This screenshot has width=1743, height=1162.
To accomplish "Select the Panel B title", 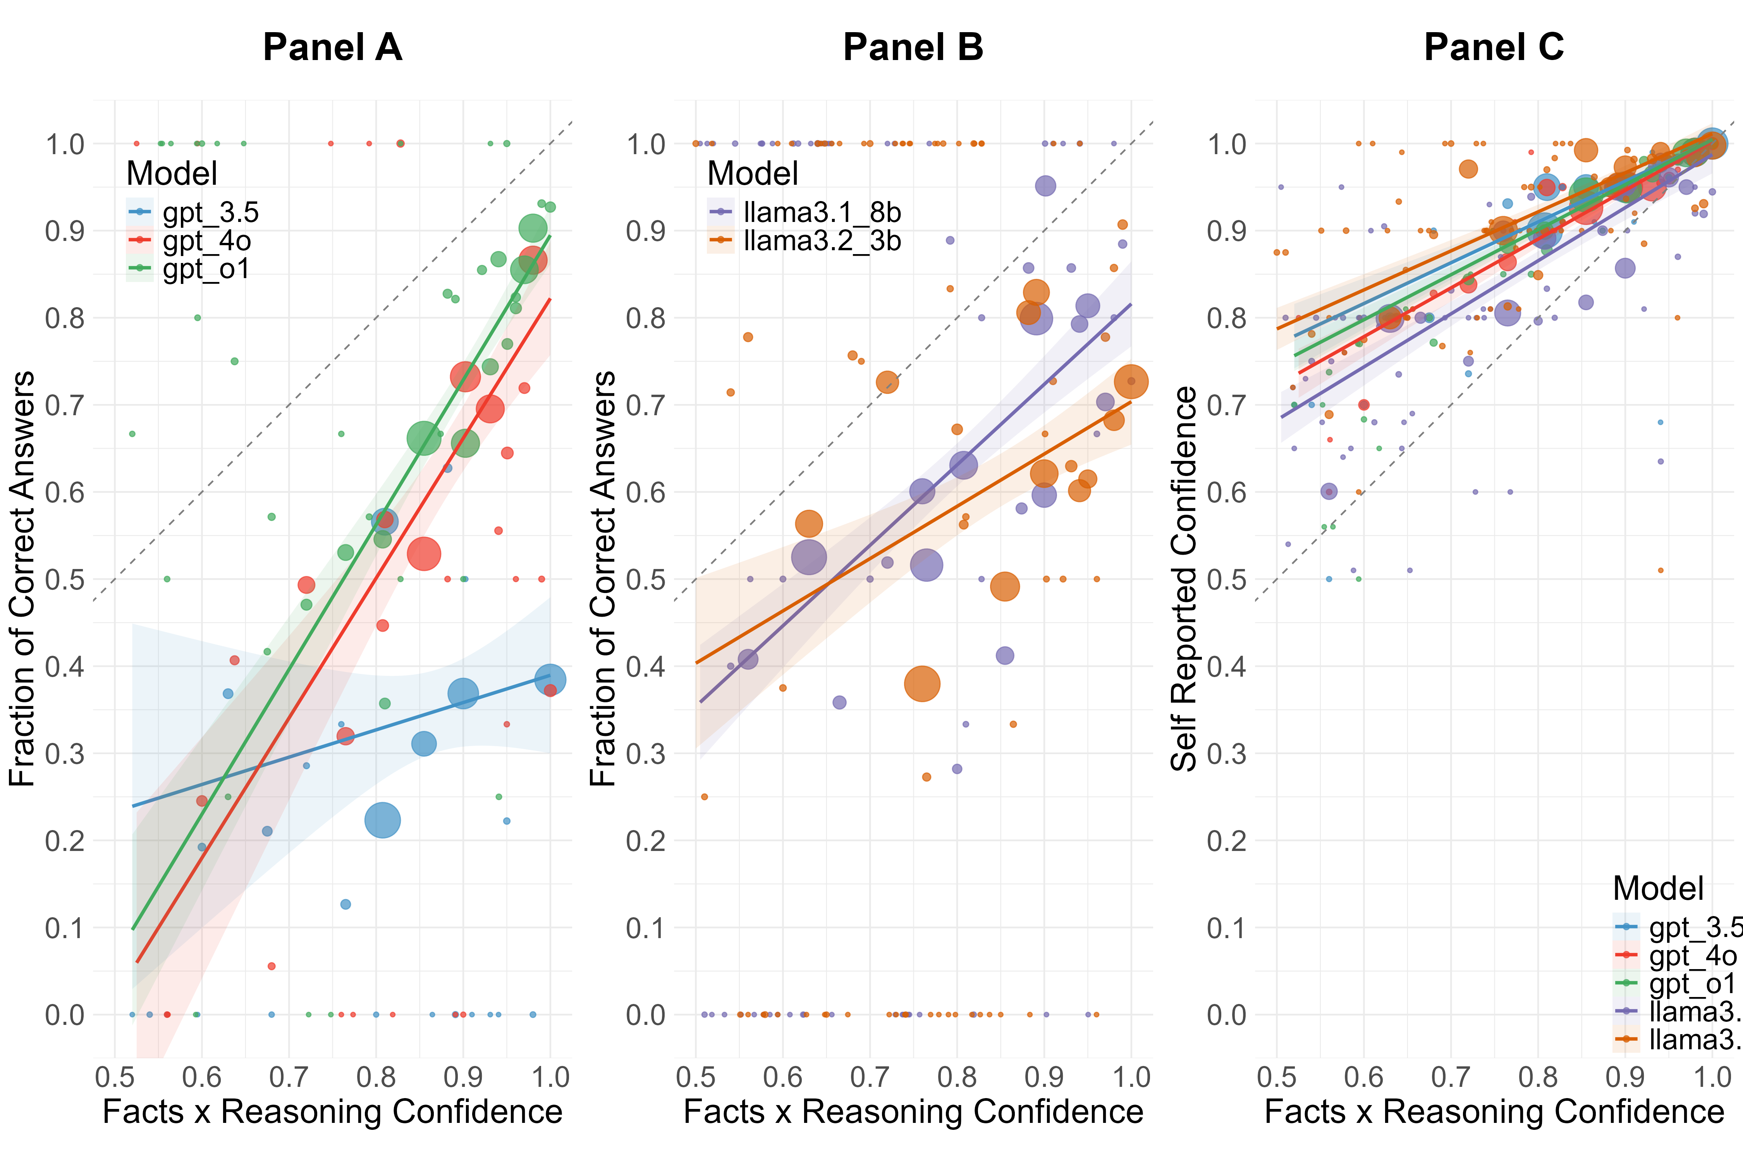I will pyautogui.click(x=913, y=47).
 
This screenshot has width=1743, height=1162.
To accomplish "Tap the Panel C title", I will pyautogui.click(x=1494, y=47).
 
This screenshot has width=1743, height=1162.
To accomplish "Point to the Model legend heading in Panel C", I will pyautogui.click(x=1659, y=888).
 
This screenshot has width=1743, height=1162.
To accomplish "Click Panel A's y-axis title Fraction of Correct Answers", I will pyautogui.click(x=22, y=578).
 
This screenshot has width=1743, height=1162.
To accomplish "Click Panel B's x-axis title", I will pyautogui.click(x=913, y=1112).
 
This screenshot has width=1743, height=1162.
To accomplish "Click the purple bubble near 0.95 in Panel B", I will pyautogui.click(x=1045, y=186).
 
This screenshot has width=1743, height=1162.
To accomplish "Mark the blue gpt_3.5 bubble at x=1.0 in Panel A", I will pyautogui.click(x=550, y=679).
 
